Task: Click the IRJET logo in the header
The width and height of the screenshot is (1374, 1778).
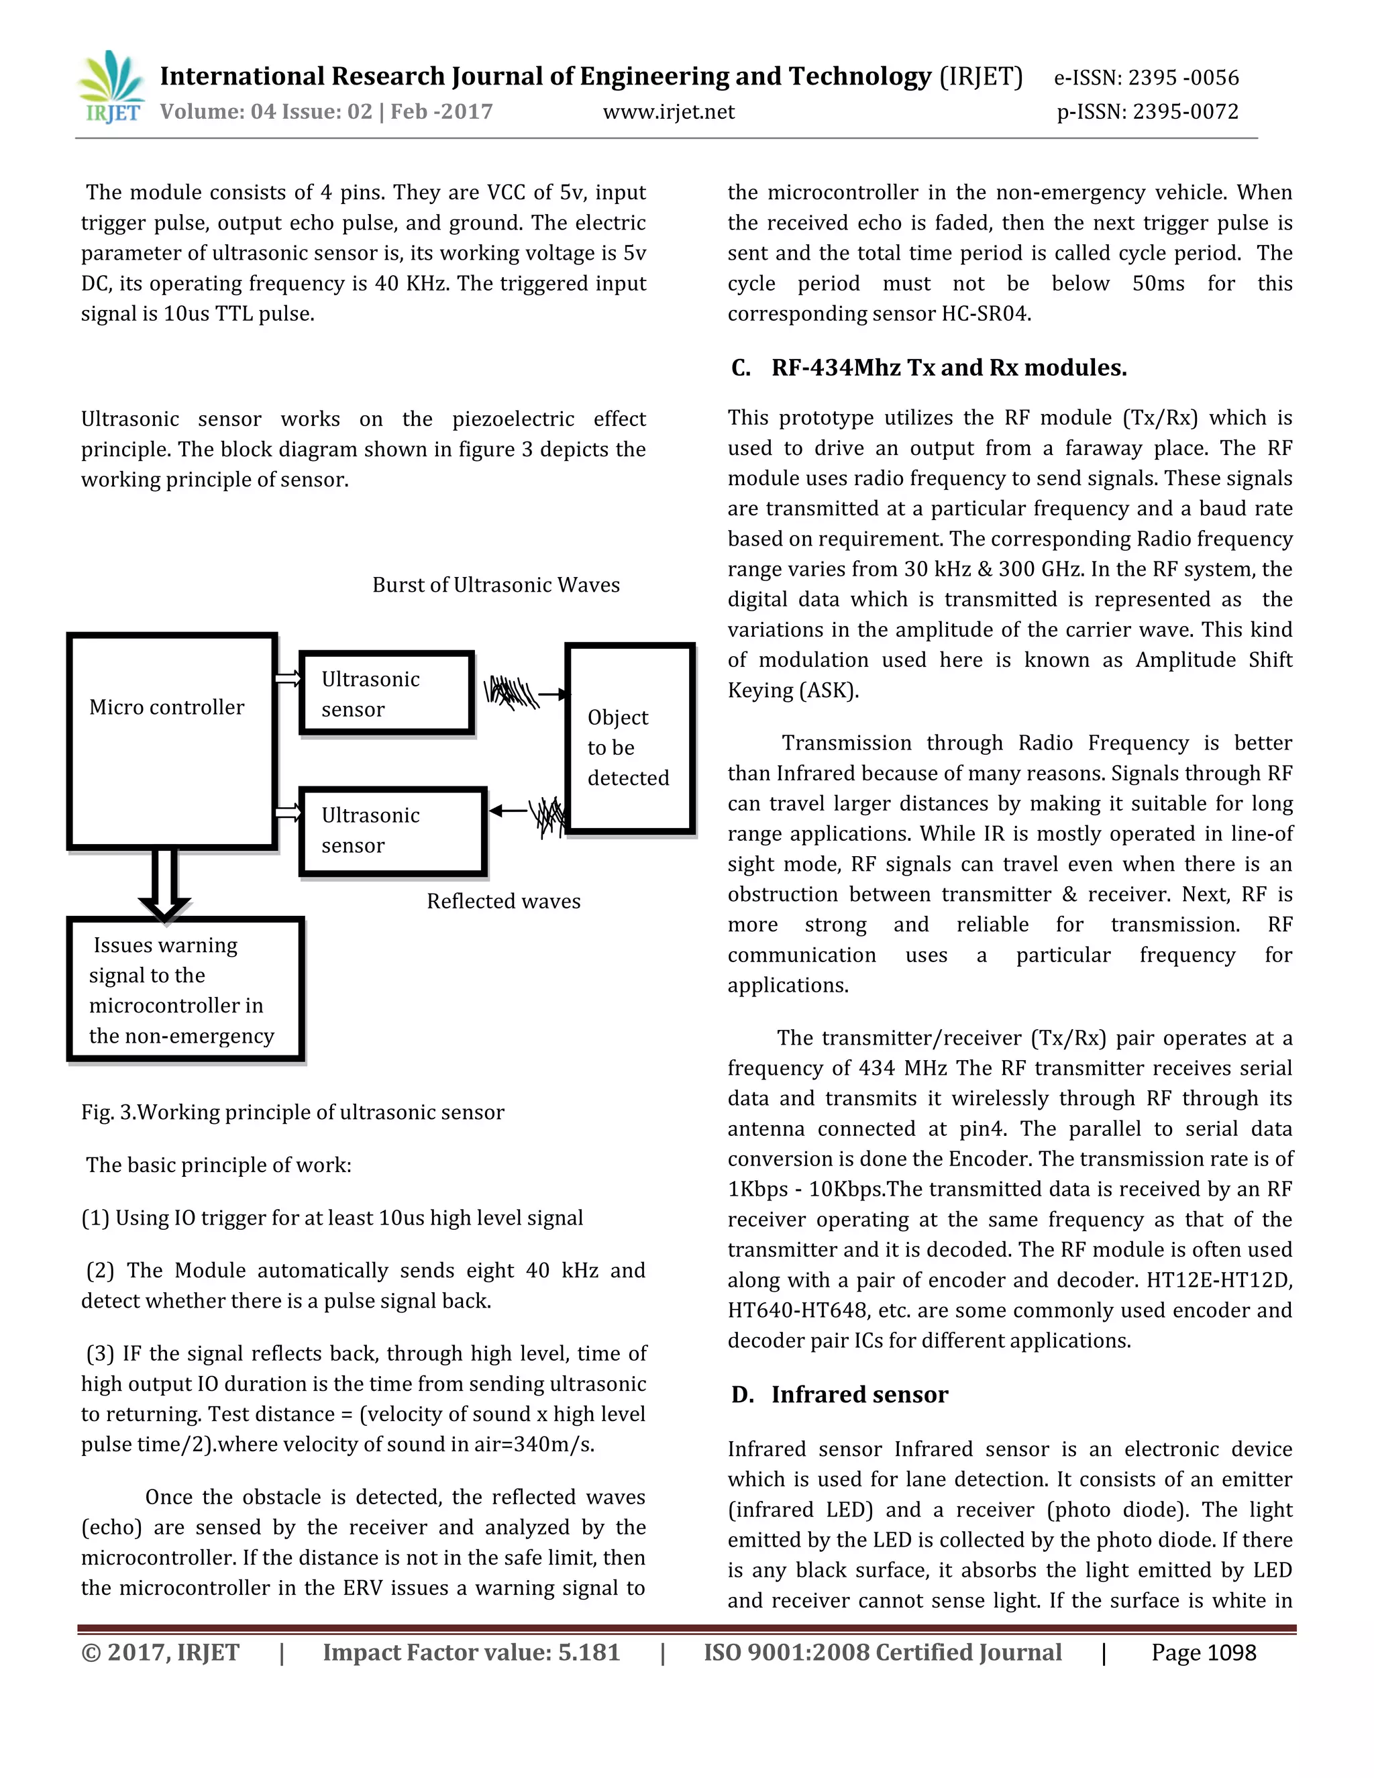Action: (x=112, y=88)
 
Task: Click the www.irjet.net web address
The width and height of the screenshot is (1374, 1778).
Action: (x=668, y=111)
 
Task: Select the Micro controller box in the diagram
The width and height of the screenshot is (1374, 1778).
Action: (x=171, y=741)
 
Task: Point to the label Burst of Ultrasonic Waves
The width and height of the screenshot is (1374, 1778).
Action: (x=496, y=584)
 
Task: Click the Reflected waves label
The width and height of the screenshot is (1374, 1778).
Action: (x=503, y=900)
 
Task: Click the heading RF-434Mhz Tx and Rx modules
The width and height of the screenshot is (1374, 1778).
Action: (x=948, y=368)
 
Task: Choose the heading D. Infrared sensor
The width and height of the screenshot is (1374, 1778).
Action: (x=859, y=1395)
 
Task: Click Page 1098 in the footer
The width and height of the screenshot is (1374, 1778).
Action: (x=1203, y=1653)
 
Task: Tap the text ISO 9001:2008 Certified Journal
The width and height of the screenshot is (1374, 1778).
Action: (x=882, y=1653)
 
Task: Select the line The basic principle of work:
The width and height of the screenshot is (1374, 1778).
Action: (x=219, y=1165)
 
